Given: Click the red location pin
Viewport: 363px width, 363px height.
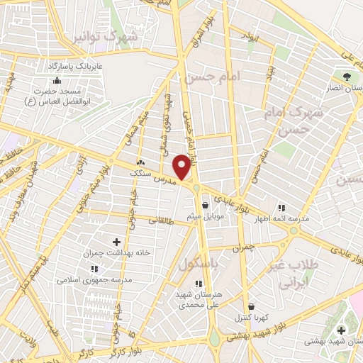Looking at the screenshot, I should [182, 167].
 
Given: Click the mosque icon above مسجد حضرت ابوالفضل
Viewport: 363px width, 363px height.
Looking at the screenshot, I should [57, 80].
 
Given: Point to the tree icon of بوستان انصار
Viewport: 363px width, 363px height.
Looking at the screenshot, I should [347, 76].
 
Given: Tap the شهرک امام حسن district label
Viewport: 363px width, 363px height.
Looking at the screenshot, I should [291, 121].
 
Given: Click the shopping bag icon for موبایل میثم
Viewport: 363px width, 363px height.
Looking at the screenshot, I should [205, 206].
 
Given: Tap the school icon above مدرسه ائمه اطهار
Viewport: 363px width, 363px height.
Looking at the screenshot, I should [281, 208].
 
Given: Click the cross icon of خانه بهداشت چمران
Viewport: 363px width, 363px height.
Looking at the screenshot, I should [117, 242].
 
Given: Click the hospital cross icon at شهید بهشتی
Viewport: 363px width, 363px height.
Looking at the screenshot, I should [342, 330].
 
